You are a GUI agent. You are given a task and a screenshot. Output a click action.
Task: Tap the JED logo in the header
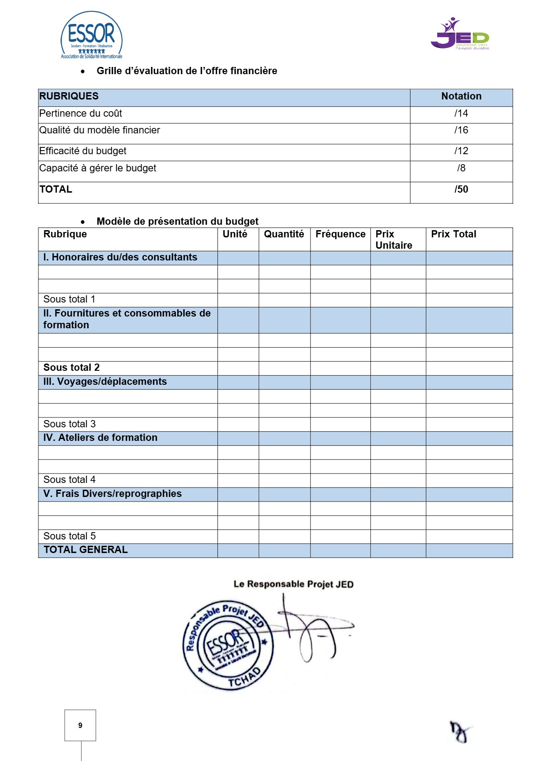pyautogui.click(x=460, y=34)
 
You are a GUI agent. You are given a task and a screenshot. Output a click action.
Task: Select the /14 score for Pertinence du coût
pyautogui.click(x=461, y=113)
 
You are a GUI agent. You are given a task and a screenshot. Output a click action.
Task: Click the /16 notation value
pyautogui.click(x=461, y=130)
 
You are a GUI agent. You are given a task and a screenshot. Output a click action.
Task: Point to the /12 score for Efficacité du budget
pyautogui.click(x=461, y=151)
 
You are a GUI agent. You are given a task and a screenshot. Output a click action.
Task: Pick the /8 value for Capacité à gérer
pyautogui.click(x=461, y=168)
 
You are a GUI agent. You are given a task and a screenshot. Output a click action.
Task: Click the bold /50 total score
pyautogui.click(x=461, y=189)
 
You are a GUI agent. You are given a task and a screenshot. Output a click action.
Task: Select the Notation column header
pyautogui.click(x=461, y=96)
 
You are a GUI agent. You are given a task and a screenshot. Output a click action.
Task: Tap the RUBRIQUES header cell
pyautogui.click(x=69, y=96)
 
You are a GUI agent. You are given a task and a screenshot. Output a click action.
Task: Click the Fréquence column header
pyautogui.click(x=340, y=234)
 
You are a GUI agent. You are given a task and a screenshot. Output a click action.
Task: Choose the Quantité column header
pyautogui.click(x=284, y=234)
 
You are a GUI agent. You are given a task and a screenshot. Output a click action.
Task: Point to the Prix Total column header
pyautogui.click(x=453, y=234)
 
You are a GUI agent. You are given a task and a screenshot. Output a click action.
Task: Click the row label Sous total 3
pyautogui.click(x=70, y=424)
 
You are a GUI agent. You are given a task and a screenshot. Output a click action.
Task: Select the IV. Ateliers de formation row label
pyautogui.click(x=100, y=438)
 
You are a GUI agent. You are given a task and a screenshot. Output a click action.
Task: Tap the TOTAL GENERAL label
pyautogui.click(x=85, y=550)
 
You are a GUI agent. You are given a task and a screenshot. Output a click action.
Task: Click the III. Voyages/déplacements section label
pyautogui.click(x=105, y=382)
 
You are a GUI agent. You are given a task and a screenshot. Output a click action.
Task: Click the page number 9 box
pyautogui.click(x=80, y=725)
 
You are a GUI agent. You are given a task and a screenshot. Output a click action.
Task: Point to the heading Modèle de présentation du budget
pyautogui.click(x=177, y=222)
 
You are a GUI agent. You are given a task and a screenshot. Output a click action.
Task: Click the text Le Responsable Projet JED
pyautogui.click(x=293, y=584)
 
